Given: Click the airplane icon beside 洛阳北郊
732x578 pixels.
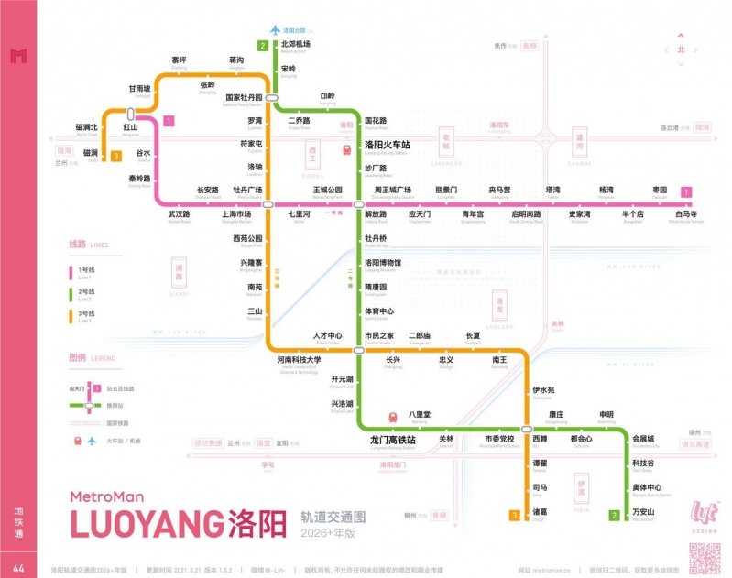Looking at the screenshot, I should (274, 29).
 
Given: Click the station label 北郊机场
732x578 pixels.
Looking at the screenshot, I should (295, 44).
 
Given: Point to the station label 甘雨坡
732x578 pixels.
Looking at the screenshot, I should (139, 89).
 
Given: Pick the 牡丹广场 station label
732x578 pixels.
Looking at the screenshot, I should (248, 190).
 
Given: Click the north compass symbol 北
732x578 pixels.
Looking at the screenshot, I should (681, 49).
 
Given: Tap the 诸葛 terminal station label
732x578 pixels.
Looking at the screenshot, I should (540, 511).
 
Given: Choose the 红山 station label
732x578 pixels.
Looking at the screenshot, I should (131, 128).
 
